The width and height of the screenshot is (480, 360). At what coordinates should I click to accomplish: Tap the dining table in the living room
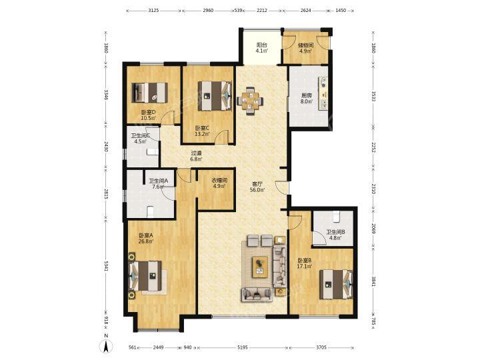[251, 101]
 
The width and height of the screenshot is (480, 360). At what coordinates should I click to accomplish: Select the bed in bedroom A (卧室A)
[146, 276]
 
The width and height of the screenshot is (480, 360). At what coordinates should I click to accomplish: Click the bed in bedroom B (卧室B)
[336, 285]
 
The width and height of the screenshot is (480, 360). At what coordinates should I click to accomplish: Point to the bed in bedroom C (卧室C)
[215, 95]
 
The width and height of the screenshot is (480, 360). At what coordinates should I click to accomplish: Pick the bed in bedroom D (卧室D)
[150, 93]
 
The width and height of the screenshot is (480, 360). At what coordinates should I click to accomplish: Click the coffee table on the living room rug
[260, 267]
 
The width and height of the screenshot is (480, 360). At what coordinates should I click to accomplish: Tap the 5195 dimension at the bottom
[242, 348]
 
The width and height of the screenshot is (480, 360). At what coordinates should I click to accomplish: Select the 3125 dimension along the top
[153, 11]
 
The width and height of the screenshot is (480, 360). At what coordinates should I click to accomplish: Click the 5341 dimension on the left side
[106, 266]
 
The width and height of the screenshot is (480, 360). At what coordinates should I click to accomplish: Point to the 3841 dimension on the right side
[373, 281]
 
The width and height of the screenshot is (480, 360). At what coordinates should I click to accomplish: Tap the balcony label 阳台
[261, 45]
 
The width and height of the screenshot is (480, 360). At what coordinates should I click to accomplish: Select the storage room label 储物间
[306, 45]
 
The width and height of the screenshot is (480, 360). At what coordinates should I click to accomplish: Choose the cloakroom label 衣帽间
[219, 180]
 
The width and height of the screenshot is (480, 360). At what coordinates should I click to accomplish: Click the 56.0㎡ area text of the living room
[257, 190]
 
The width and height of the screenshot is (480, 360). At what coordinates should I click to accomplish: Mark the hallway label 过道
[196, 153]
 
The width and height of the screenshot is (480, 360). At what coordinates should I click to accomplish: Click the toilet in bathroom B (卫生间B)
[336, 217]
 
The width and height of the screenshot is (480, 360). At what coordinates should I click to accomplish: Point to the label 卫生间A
[158, 181]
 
